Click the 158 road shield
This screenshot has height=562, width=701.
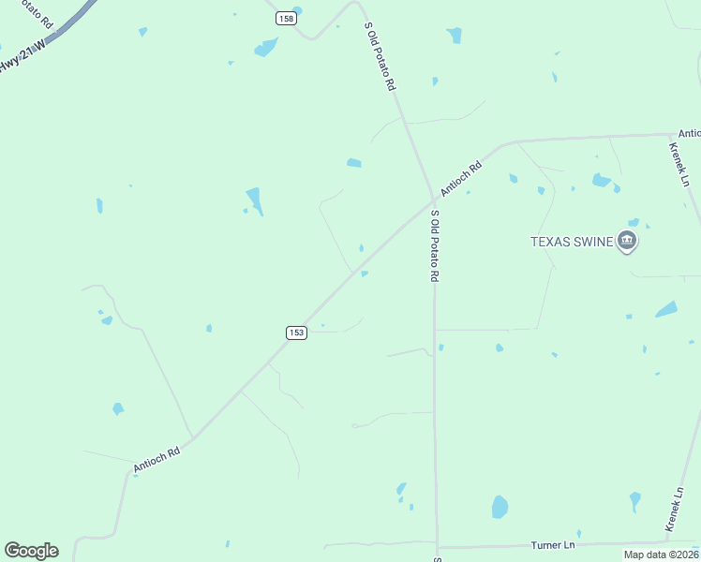(x=286, y=18)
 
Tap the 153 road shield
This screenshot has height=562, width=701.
(x=296, y=333)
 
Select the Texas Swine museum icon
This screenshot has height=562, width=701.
(x=627, y=242)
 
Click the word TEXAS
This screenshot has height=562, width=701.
(x=551, y=242)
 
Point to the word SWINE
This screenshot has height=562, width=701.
(x=593, y=242)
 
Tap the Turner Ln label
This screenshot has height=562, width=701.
(x=553, y=545)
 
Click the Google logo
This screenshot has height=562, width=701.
(x=31, y=551)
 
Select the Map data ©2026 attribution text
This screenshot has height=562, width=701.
(x=661, y=555)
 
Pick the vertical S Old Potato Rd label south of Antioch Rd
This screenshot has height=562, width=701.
(x=435, y=246)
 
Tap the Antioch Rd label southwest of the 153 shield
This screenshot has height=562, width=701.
(x=156, y=459)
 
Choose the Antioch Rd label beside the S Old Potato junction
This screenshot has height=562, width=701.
(x=461, y=177)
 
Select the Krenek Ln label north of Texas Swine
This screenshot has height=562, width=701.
(x=679, y=164)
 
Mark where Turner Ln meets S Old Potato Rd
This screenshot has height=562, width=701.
(x=436, y=547)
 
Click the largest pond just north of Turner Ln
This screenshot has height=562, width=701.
(x=500, y=507)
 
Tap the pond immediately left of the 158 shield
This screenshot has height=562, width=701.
(x=266, y=47)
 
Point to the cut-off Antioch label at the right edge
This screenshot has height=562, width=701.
(x=689, y=134)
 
